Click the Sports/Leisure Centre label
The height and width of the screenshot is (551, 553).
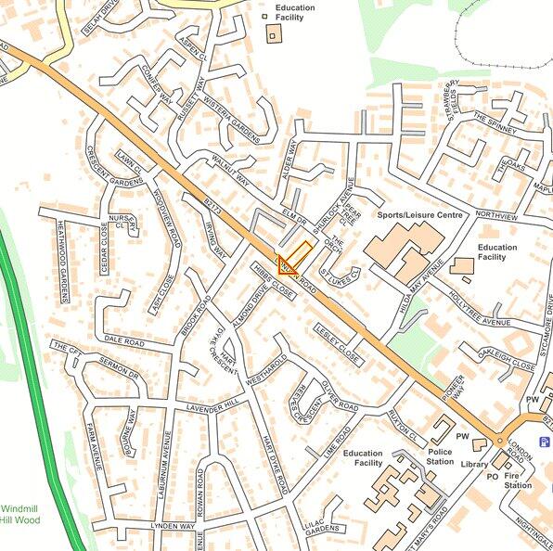click(419, 215)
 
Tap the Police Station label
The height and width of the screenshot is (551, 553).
click(441, 456)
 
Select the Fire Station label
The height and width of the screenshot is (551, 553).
click(518, 481)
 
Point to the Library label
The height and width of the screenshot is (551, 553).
click(473, 464)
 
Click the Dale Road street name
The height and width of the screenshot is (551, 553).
click(125, 342)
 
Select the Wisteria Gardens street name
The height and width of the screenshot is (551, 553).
click(233, 120)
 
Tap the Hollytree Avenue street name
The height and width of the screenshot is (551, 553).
click(479, 309)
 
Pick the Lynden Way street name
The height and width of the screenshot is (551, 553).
click(174, 527)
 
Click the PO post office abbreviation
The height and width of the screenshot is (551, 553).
click(493, 477)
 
